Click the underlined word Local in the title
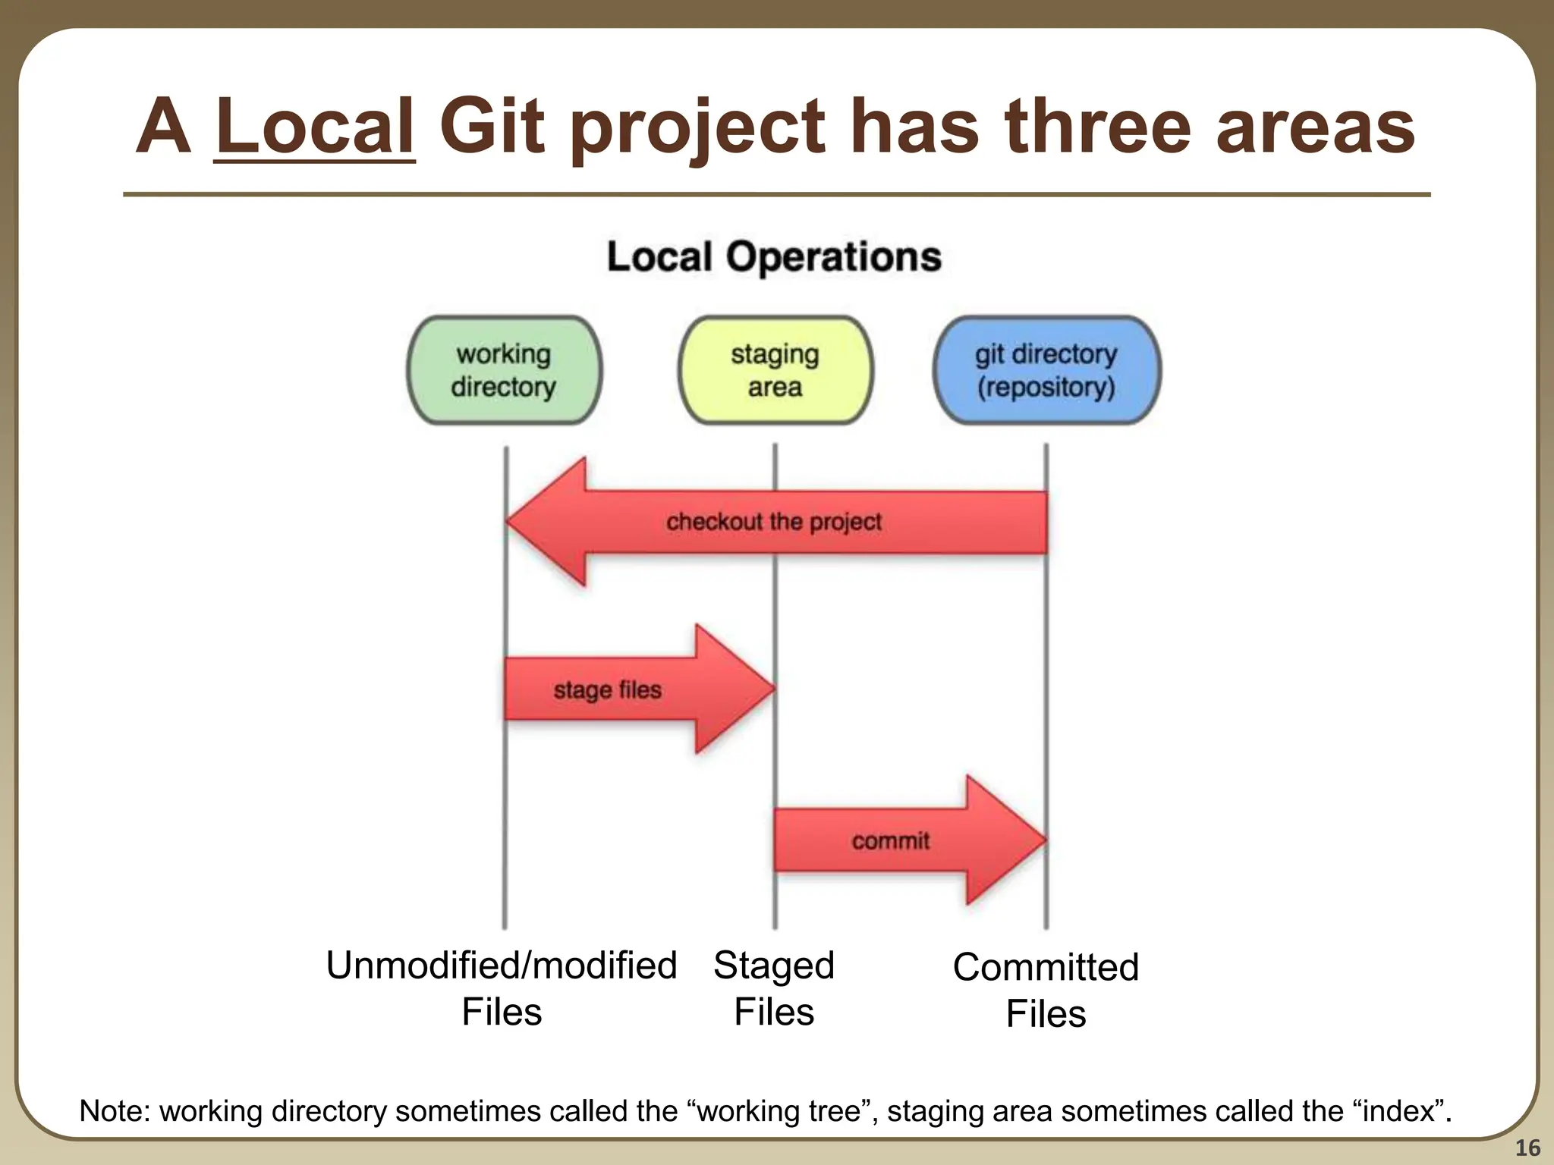pyautogui.click(x=314, y=127)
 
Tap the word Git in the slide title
pyautogui.click(x=491, y=127)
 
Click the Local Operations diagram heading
pyautogui.click(x=774, y=256)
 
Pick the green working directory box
pyautogui.click(x=505, y=370)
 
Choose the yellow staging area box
pyautogui.click(x=775, y=370)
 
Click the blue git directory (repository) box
pyautogui.click(x=1046, y=370)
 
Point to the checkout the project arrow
pyautogui.click(x=774, y=522)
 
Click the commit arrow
pyautogui.click(x=891, y=840)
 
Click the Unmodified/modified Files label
pyautogui.click(x=502, y=988)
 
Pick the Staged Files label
pyautogui.click(x=774, y=988)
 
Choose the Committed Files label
pyautogui.click(x=1046, y=990)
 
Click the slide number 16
pyautogui.click(x=1527, y=1148)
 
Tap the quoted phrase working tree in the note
pyautogui.click(x=782, y=1111)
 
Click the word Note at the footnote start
pyautogui.click(x=115, y=1111)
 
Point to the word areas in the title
pyautogui.click(x=1316, y=127)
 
